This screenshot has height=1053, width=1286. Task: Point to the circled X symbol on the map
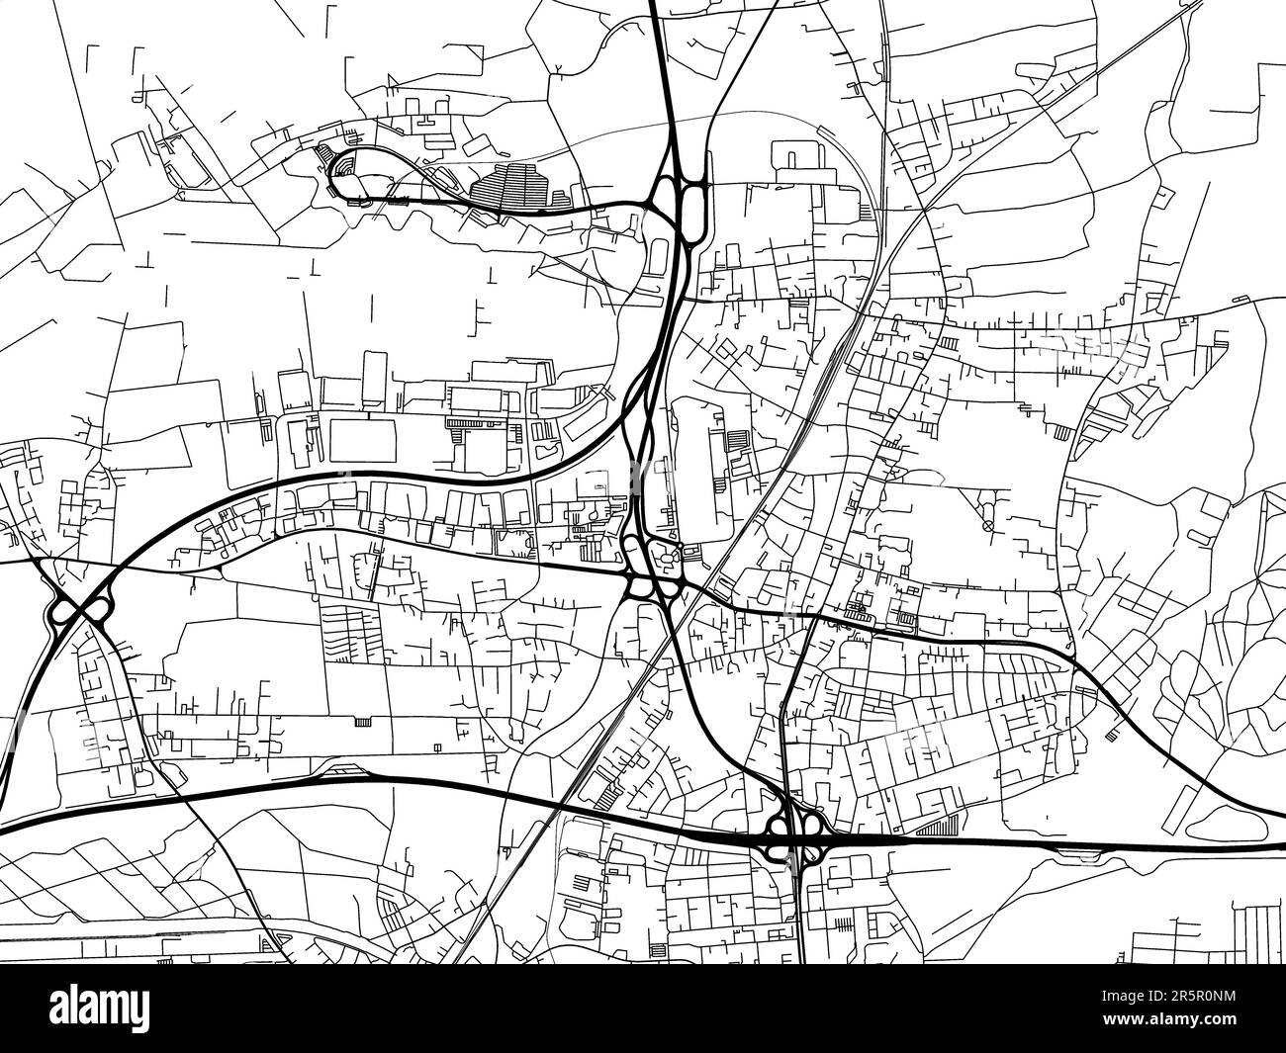pos(987,526)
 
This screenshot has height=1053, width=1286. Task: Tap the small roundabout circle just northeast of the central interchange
pos(681,552)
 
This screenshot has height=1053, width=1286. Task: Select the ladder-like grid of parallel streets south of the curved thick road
pos(346,633)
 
